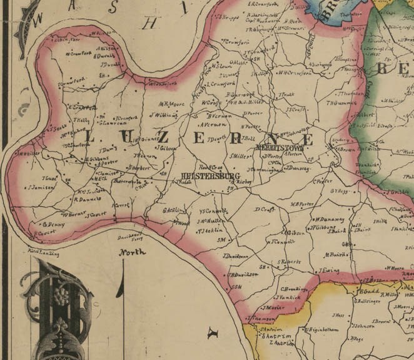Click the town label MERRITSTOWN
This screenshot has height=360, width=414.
point(280,148)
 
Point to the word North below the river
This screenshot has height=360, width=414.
point(133,252)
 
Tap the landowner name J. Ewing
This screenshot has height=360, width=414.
point(328,270)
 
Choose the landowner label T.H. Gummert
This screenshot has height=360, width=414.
point(341,103)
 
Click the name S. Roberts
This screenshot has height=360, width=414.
point(290,262)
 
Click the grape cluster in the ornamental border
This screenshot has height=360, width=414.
point(61,295)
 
